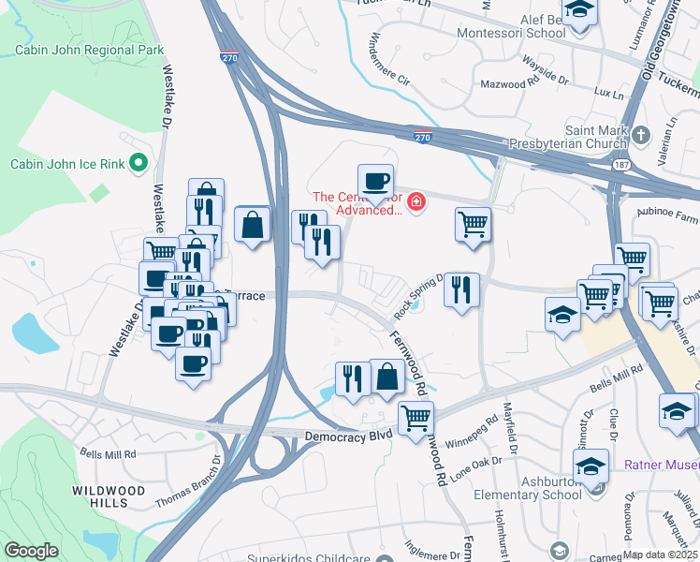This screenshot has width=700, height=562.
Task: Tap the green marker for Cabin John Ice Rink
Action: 139,164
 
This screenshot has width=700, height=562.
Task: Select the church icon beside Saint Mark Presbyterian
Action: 640,136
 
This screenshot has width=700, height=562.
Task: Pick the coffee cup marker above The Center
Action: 375,181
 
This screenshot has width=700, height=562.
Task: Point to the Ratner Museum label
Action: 662,464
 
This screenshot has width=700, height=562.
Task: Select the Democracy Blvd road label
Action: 351,437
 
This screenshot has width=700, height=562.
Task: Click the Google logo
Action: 32,551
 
